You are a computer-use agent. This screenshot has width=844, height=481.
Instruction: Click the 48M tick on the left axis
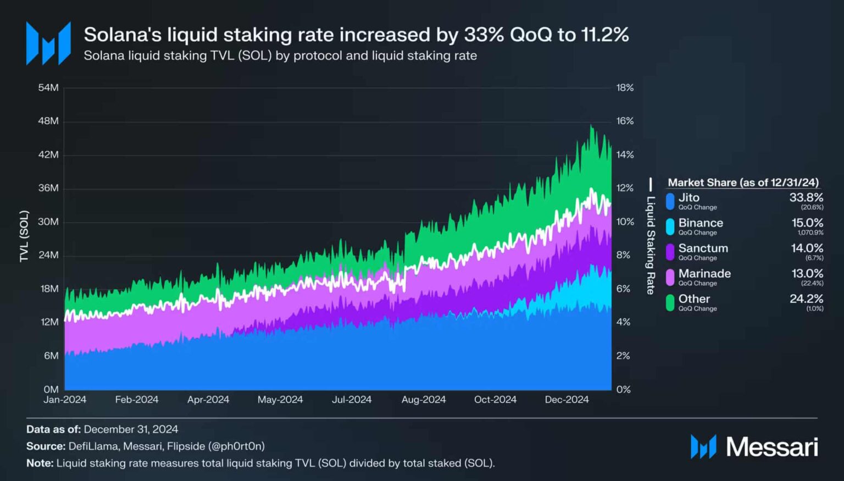pyautogui.click(x=48, y=121)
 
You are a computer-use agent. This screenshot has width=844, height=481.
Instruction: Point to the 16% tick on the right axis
pyautogui.click(x=625, y=121)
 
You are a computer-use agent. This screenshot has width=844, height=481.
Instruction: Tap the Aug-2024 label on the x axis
pyautogui.click(x=423, y=400)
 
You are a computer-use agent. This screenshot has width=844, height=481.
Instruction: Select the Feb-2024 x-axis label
pyautogui.click(x=136, y=400)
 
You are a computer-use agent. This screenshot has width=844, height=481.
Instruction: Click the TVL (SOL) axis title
pyautogui.click(x=24, y=236)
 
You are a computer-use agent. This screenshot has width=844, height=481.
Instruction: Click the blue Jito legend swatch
pyautogui.click(x=670, y=201)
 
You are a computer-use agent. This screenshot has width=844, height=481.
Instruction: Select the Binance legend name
pyautogui.click(x=700, y=223)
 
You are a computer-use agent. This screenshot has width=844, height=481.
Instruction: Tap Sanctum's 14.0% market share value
pyautogui.click(x=807, y=248)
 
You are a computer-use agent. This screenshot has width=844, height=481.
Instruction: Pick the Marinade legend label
pyautogui.click(x=704, y=273)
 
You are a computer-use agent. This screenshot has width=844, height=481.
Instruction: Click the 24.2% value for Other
pyautogui.click(x=806, y=298)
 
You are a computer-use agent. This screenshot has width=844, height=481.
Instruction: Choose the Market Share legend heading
pyautogui.click(x=743, y=183)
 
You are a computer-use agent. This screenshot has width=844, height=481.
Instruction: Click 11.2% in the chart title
pyautogui.click(x=604, y=35)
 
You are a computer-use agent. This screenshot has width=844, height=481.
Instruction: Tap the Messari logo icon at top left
pyautogui.click(x=48, y=43)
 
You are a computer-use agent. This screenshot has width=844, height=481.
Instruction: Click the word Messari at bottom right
pyautogui.click(x=771, y=447)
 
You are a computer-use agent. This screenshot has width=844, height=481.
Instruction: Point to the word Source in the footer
pyautogui.click(x=46, y=446)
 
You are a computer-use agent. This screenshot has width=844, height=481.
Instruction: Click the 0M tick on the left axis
pyautogui.click(x=51, y=389)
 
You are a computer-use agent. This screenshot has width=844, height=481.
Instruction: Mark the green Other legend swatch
pyautogui.click(x=670, y=302)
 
